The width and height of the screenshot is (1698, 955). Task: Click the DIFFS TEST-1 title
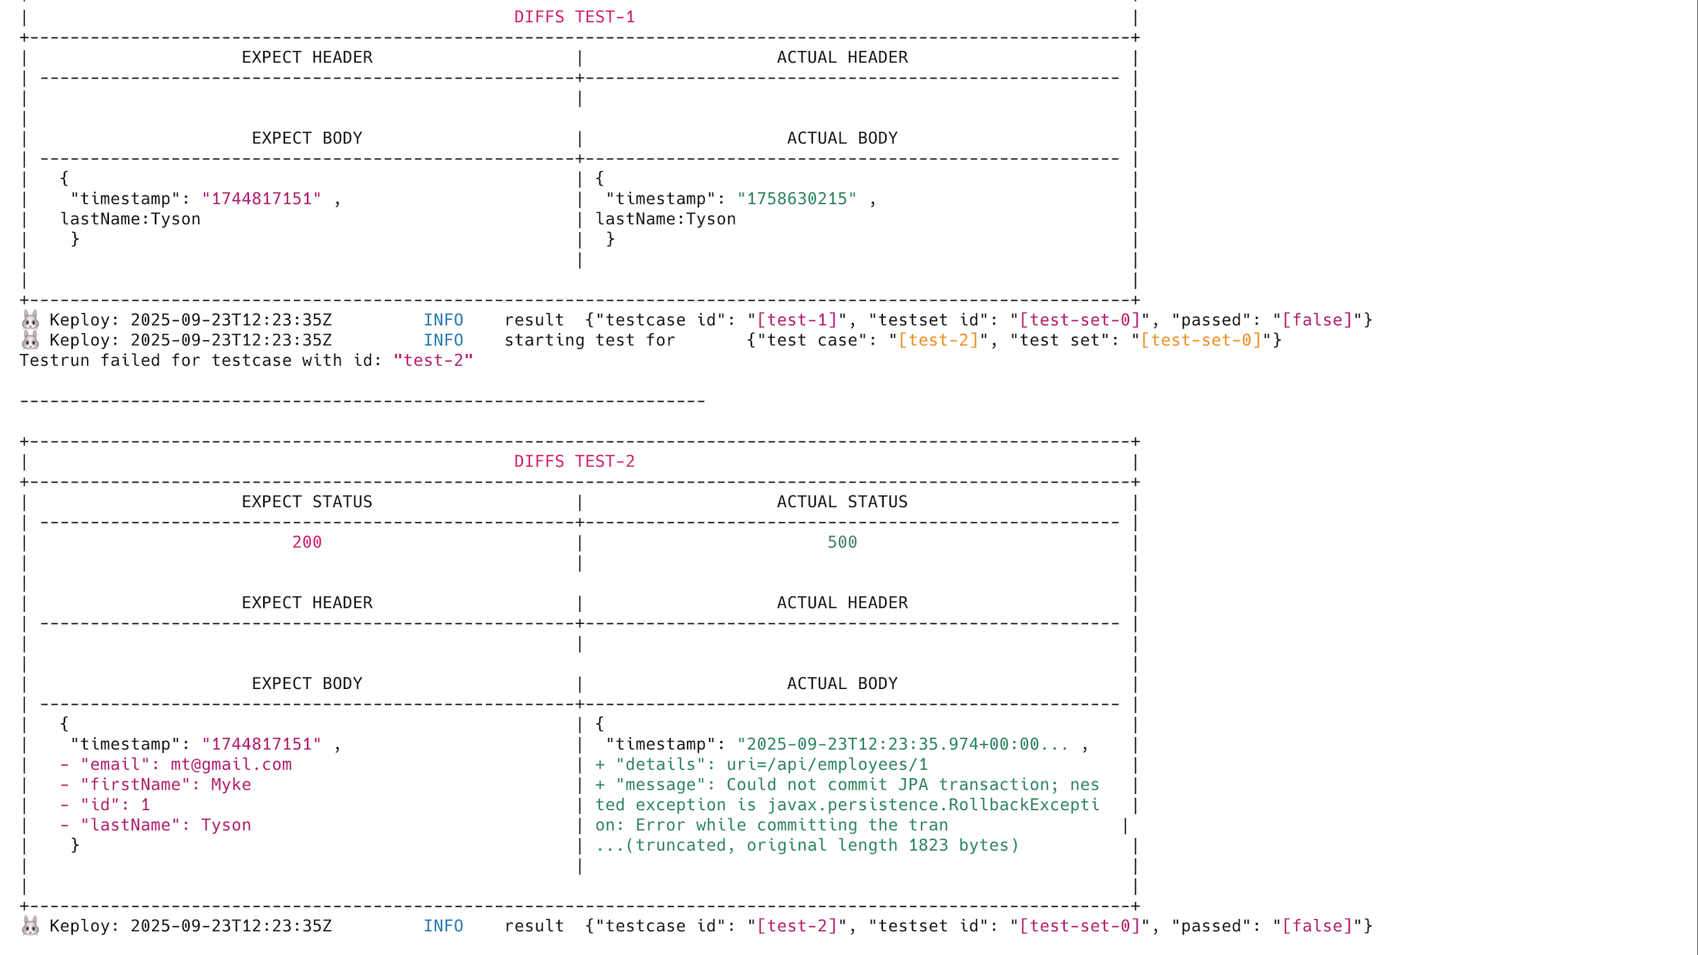coord(574,17)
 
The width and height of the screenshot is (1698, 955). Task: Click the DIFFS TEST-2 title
coord(574,461)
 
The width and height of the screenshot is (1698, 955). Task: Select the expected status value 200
coord(306,542)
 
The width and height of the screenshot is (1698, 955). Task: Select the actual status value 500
coord(842,542)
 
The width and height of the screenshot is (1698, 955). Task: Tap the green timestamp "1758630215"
coord(797,199)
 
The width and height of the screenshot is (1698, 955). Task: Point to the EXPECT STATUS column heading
coord(306,502)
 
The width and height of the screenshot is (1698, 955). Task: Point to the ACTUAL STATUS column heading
coord(842,502)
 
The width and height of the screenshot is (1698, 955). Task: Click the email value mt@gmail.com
coord(231,764)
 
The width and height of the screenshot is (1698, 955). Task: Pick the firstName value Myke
coord(231,785)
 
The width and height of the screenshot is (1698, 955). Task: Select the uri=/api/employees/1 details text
coord(826,764)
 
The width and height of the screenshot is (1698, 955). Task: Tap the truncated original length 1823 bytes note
coord(807,845)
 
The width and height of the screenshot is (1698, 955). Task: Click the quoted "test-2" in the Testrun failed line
coord(433,360)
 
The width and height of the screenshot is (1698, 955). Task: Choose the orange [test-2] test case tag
coord(938,340)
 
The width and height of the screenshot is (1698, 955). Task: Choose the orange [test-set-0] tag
coord(1201,340)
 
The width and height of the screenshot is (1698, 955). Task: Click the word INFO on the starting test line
coord(443,340)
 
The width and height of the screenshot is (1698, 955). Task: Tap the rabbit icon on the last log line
coord(30,925)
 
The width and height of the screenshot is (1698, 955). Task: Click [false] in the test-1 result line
coord(1317,320)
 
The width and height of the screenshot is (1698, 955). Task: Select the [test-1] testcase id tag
coord(797,320)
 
